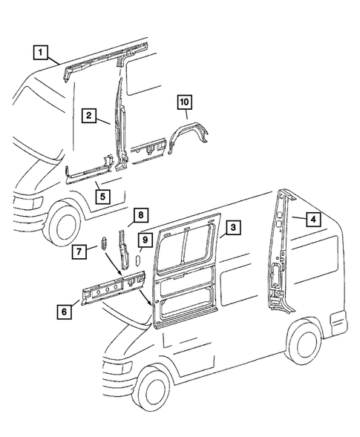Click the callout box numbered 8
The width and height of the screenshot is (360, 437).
click(138, 216)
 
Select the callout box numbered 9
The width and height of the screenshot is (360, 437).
click(145, 240)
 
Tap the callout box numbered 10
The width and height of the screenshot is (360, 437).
click(184, 102)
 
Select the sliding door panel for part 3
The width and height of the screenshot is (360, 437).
click(189, 267)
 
